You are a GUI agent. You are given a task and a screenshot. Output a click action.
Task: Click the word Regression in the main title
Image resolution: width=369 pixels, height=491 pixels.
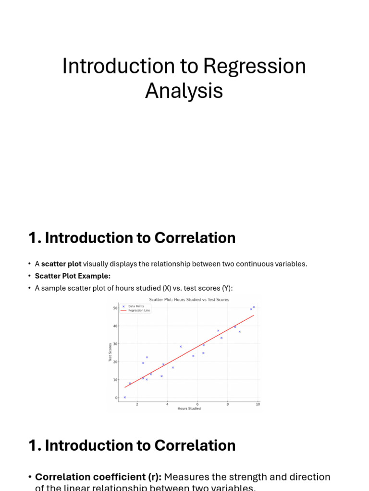pos(254,66)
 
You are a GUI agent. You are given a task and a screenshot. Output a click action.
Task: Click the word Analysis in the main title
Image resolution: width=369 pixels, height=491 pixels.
pos(184,91)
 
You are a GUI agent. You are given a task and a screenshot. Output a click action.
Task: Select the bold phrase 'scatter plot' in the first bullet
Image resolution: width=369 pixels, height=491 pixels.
pos(61,264)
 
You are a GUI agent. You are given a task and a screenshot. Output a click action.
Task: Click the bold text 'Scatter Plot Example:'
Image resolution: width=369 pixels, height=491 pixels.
pos(73,276)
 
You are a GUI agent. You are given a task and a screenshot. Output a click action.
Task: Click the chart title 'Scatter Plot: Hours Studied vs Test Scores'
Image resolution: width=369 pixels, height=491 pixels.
pos(189,300)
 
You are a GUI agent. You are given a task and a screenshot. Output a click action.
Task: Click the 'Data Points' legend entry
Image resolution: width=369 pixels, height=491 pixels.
pos(136,306)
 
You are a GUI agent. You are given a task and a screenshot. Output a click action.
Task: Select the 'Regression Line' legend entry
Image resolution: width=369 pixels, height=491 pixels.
pos(139,310)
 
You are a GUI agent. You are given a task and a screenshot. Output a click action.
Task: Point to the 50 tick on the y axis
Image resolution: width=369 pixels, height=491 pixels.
pos(115,308)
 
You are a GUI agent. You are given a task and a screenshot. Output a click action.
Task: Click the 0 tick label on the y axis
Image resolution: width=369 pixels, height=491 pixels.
pos(116,397)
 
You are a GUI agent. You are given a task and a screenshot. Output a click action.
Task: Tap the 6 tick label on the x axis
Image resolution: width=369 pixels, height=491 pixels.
pos(197,404)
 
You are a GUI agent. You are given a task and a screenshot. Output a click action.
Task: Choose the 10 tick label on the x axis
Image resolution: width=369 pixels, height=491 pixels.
pos(258,404)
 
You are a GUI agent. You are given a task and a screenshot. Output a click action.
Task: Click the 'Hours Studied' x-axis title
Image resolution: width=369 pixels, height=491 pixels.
pos(189,409)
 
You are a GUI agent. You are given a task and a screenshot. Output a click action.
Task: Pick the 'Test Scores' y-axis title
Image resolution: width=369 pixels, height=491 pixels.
pos(110,352)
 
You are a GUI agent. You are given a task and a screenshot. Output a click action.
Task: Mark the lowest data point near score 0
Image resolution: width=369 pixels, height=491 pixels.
pos(124,397)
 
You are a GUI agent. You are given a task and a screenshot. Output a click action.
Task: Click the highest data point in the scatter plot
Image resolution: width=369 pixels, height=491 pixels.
pos(254,307)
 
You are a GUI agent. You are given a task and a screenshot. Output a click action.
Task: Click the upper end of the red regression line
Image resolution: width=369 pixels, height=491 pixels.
pos(254,315)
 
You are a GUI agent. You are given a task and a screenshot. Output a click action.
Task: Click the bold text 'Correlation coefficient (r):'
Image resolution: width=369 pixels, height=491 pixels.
pos(98,477)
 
